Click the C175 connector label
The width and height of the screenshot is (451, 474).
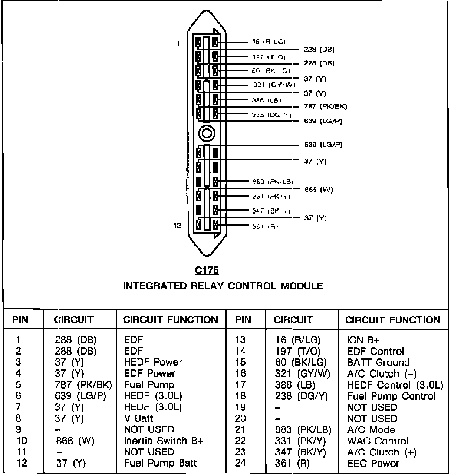click(207, 271)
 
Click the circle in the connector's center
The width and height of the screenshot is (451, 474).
click(206, 132)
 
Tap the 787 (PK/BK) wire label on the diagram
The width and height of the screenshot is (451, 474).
click(325, 107)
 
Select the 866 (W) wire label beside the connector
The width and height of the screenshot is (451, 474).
click(318, 190)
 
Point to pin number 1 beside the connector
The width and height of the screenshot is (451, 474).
click(178, 43)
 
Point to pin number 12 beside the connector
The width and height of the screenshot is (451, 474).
click(177, 225)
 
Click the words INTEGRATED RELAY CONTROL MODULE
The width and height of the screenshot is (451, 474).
click(223, 286)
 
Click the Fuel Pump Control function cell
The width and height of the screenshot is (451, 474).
click(391, 396)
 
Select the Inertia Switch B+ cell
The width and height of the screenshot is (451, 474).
click(164, 441)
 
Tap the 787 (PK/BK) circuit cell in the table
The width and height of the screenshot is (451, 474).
click(83, 385)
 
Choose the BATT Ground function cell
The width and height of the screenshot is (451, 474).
click(378, 362)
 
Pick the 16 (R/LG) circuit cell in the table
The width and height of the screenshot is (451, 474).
click(298, 340)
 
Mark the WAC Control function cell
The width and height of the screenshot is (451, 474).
click(378, 441)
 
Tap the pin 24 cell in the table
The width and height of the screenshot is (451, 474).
click(240, 463)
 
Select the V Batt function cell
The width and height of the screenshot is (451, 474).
click(139, 418)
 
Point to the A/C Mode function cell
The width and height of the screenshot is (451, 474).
click(371, 429)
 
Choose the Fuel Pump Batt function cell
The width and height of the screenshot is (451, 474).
click(160, 463)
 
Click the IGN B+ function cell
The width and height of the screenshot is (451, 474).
click(363, 340)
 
